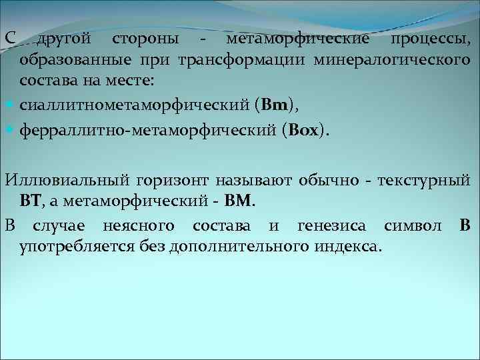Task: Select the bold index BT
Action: [x=31, y=201]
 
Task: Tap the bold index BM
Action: [x=239, y=201]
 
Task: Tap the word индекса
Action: [x=347, y=247]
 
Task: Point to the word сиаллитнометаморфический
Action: [x=133, y=105]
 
